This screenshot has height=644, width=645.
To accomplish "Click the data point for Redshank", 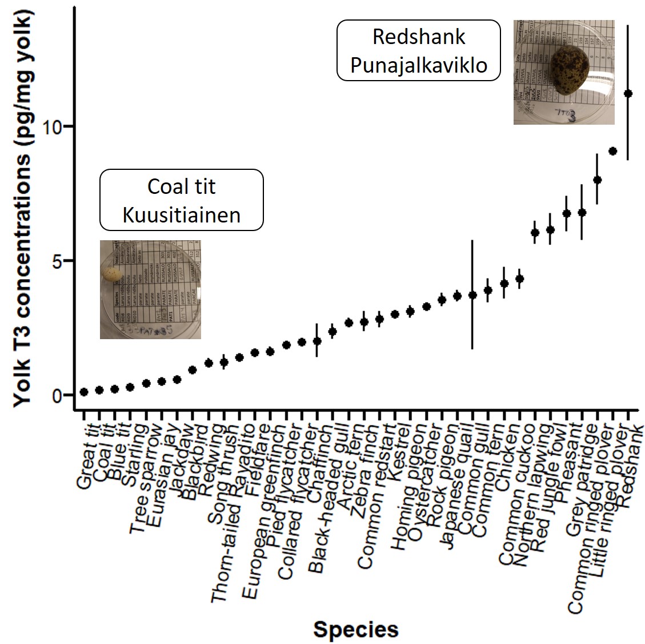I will pyautogui.click(x=628, y=93).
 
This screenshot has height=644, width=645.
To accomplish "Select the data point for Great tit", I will pyautogui.click(x=84, y=392).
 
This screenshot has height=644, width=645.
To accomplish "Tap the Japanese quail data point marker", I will pyautogui.click(x=457, y=296).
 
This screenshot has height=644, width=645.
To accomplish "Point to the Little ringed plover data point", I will pyautogui.click(x=612, y=151).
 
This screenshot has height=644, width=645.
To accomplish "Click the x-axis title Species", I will pyautogui.click(x=355, y=630).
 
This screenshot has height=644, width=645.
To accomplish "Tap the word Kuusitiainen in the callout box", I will pyautogui.click(x=182, y=215).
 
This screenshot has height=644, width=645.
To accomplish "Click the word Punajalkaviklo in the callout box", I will pyautogui.click(x=419, y=65).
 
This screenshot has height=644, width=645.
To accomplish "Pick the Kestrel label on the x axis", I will pyautogui.click(x=400, y=452).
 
